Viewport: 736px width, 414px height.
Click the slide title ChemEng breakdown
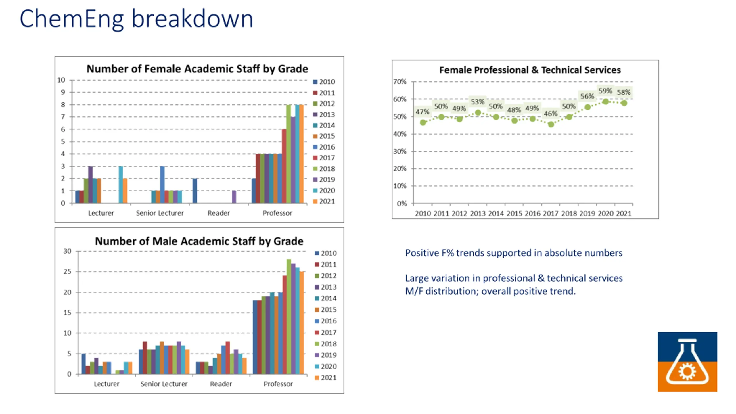click(x=136, y=19)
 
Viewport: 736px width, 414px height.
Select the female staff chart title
click(x=197, y=69)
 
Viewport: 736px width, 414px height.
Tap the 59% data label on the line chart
click(x=605, y=91)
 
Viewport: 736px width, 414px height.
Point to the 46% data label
click(x=550, y=114)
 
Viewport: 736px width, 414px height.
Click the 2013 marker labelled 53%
click(x=478, y=113)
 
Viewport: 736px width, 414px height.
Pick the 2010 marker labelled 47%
click(x=423, y=122)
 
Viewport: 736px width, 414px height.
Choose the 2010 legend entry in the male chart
click(x=325, y=253)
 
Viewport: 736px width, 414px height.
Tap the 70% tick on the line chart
click(x=400, y=82)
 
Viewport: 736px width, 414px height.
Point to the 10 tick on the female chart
click(x=61, y=80)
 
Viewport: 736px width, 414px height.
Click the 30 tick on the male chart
click(x=67, y=251)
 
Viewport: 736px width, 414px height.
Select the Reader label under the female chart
click(x=218, y=213)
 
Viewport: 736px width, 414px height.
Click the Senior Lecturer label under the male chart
click(x=164, y=384)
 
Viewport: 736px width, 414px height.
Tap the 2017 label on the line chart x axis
click(x=551, y=214)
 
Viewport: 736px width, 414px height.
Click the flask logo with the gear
click(x=687, y=362)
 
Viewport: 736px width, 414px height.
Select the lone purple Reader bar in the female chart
click(x=234, y=197)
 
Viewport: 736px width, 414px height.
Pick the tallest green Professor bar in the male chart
click(x=289, y=316)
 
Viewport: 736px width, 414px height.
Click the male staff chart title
click(x=199, y=241)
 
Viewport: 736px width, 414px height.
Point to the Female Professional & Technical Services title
click(x=530, y=70)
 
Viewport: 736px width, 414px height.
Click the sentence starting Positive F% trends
click(x=513, y=253)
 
